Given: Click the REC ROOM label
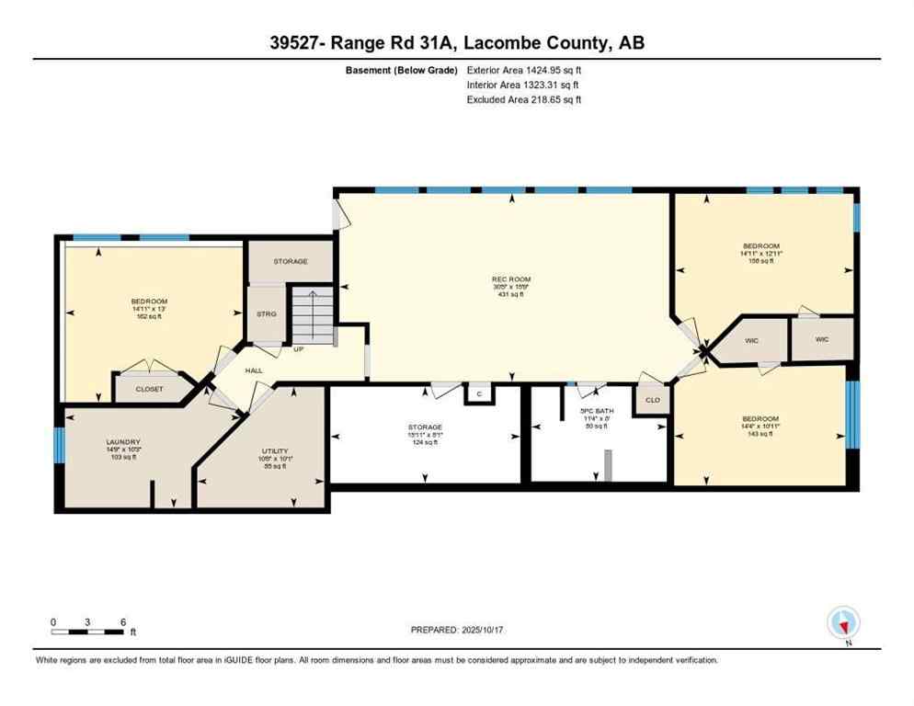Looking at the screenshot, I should [512, 279].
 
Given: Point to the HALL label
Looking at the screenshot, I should [254, 370].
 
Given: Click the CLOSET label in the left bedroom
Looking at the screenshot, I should [149, 389].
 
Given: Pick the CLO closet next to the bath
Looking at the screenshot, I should [653, 400].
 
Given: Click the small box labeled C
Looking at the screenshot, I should [478, 393].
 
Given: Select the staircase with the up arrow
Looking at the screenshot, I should [311, 315].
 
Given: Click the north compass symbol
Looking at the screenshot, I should [843, 624].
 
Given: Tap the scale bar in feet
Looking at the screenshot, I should [88, 631].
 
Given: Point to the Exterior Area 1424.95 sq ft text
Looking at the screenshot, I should [524, 70].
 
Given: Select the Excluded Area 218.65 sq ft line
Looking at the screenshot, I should [524, 99].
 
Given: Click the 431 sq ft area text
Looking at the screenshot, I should [512, 294].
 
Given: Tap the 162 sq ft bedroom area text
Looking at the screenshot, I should [148, 316].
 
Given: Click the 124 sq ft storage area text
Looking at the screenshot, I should [425, 442].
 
